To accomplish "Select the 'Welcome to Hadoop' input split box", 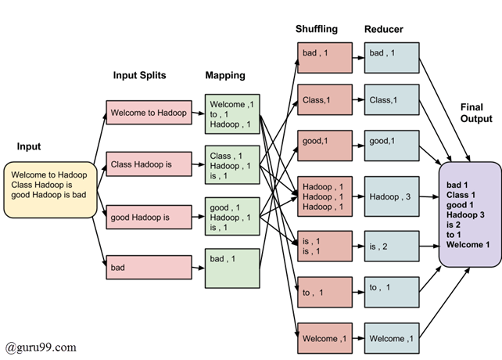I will point(149,113).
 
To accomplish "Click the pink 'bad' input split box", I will point(149,267).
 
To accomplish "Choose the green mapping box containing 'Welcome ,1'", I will point(231,114).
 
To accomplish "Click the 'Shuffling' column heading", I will point(316,29).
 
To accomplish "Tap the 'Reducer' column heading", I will point(383,29).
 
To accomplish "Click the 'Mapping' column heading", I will point(226,75).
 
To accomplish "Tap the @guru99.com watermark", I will point(41,346).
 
